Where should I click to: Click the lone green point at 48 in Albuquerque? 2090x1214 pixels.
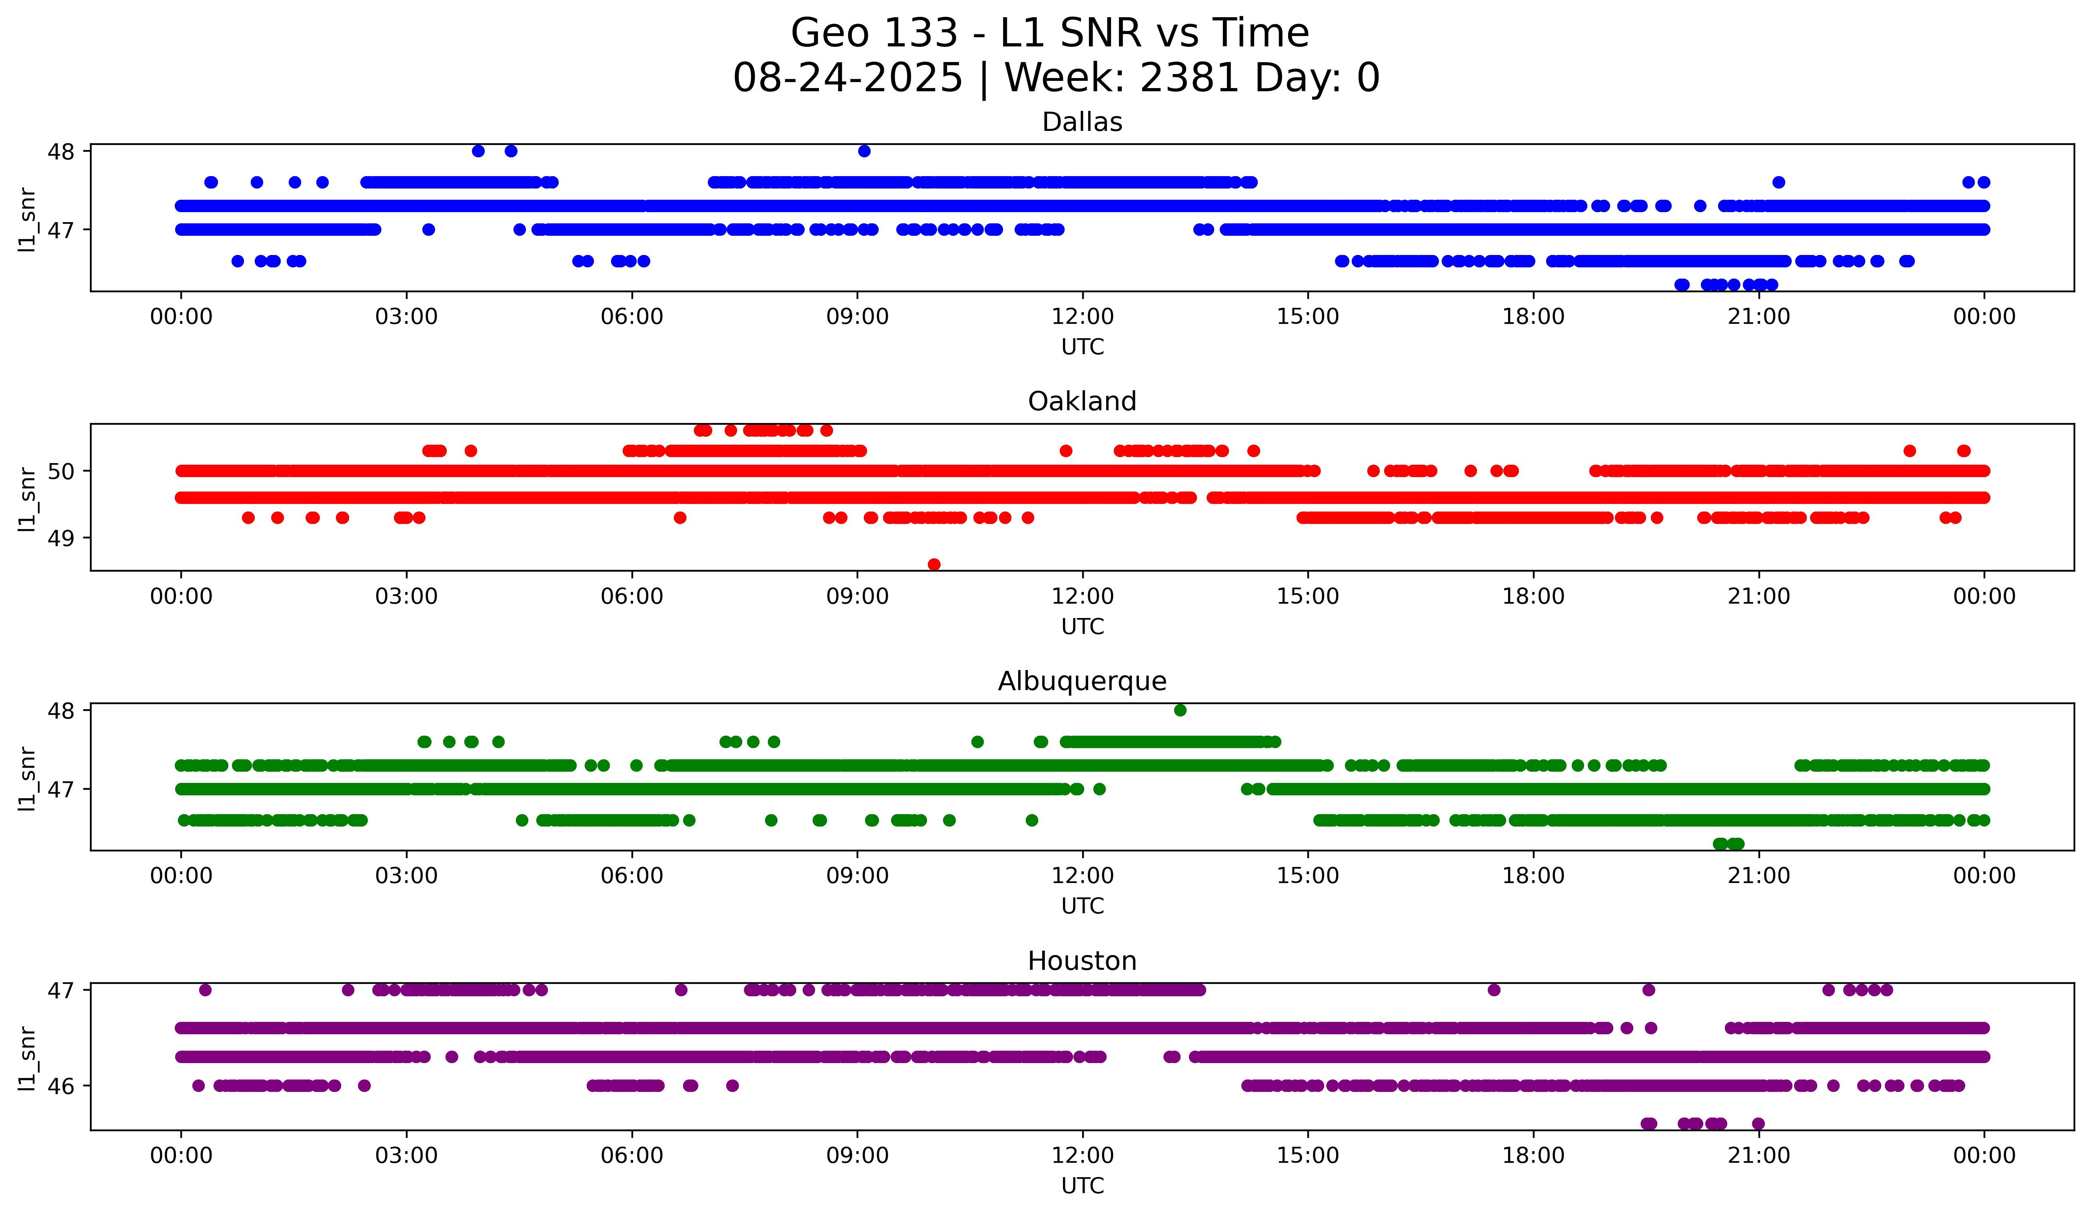(x=1180, y=710)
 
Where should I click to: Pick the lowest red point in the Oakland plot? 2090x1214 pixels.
(x=934, y=564)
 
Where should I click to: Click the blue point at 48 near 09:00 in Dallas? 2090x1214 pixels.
(x=864, y=151)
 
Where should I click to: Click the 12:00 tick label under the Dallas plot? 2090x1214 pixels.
(x=1082, y=317)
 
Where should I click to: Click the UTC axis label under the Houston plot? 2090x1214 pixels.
(x=1082, y=1186)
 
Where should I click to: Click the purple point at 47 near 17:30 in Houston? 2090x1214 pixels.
(x=1494, y=990)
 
